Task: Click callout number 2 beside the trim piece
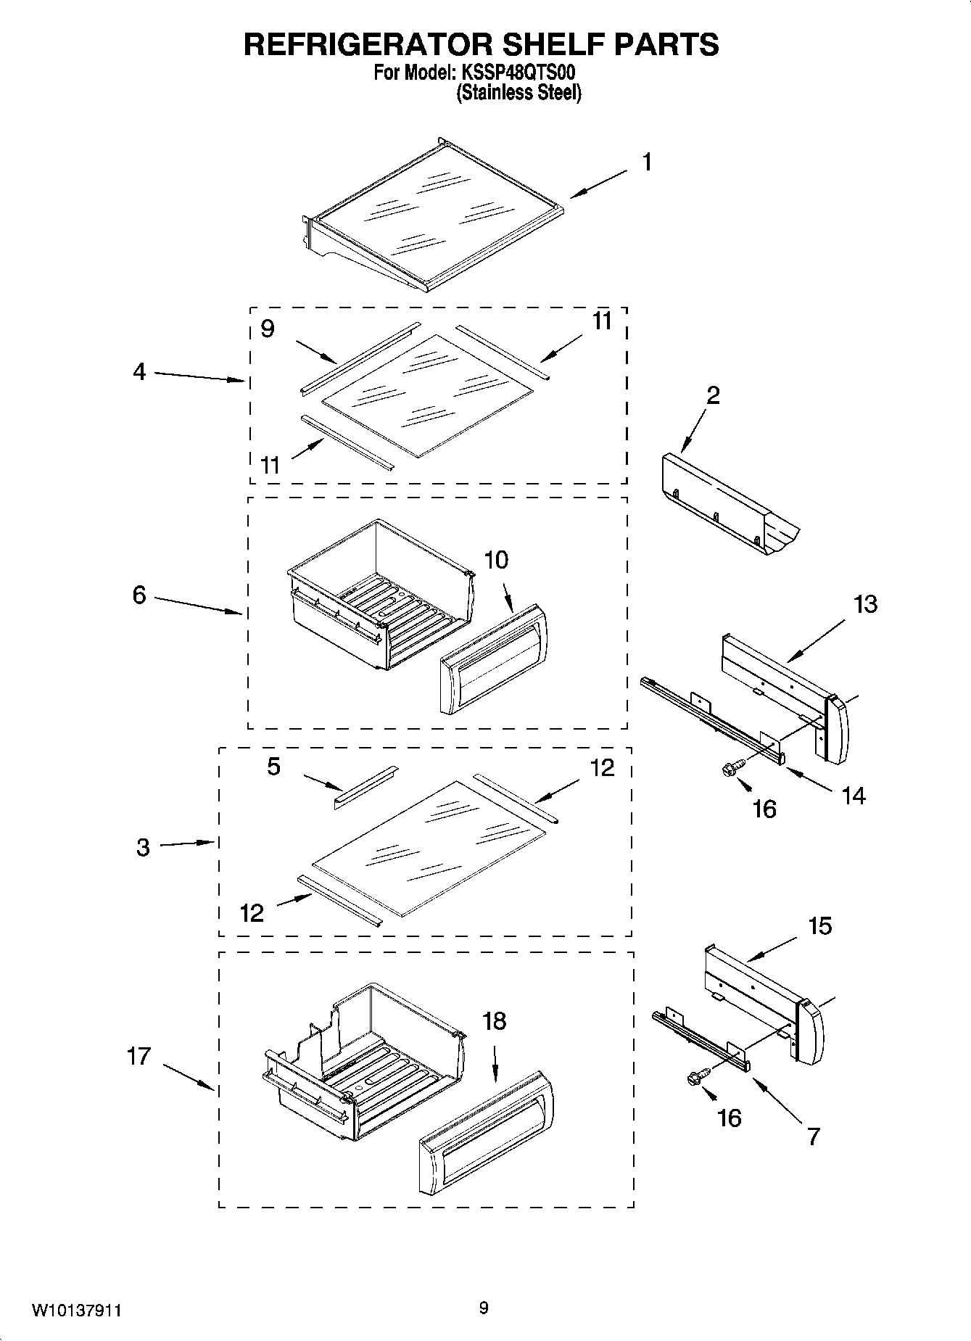click(713, 395)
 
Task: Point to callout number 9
click(268, 329)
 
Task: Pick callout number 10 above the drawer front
click(496, 560)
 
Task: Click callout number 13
click(865, 603)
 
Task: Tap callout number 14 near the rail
click(854, 796)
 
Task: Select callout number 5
click(273, 767)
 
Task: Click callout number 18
click(495, 1021)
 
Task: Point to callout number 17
click(139, 1056)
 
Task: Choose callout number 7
click(813, 1136)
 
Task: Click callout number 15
click(819, 926)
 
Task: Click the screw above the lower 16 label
click(696, 1079)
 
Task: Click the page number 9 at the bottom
click(484, 1308)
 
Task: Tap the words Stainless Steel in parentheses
click(518, 93)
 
